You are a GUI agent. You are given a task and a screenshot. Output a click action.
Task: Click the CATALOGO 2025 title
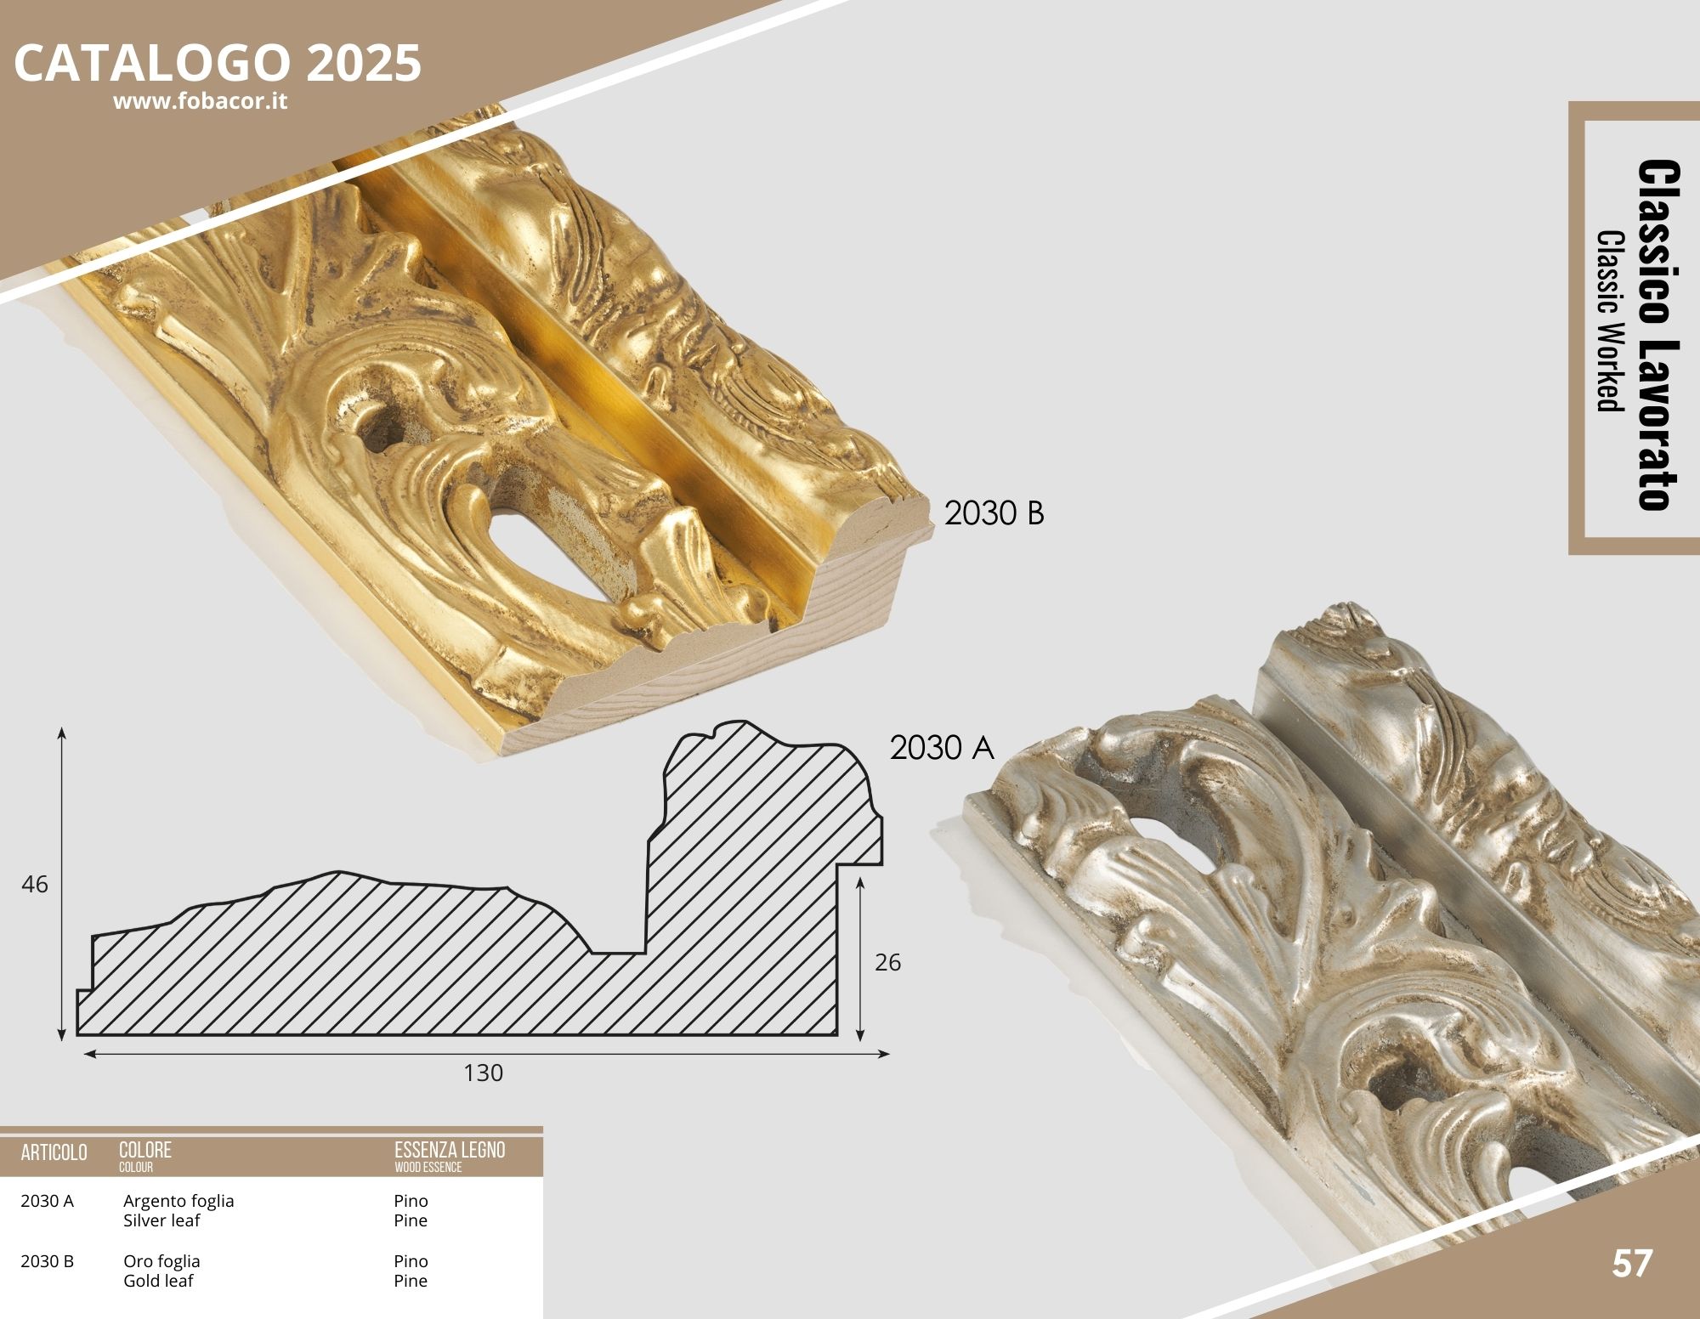coord(218,62)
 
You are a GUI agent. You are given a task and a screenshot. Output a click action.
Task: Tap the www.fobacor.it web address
coord(201,101)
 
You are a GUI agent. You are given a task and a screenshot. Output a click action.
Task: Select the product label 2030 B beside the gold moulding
coord(994,513)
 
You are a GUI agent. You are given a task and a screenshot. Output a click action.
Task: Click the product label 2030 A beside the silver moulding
coord(942,747)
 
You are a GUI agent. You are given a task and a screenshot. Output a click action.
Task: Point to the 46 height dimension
coord(35,884)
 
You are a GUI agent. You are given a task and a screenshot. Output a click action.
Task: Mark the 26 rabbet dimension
coord(887,962)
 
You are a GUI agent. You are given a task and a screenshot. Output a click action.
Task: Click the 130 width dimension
coord(483,1073)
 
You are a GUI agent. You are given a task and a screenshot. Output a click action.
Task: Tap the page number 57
coord(1632,1264)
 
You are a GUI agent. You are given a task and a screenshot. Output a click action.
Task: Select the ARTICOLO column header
coord(54,1152)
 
